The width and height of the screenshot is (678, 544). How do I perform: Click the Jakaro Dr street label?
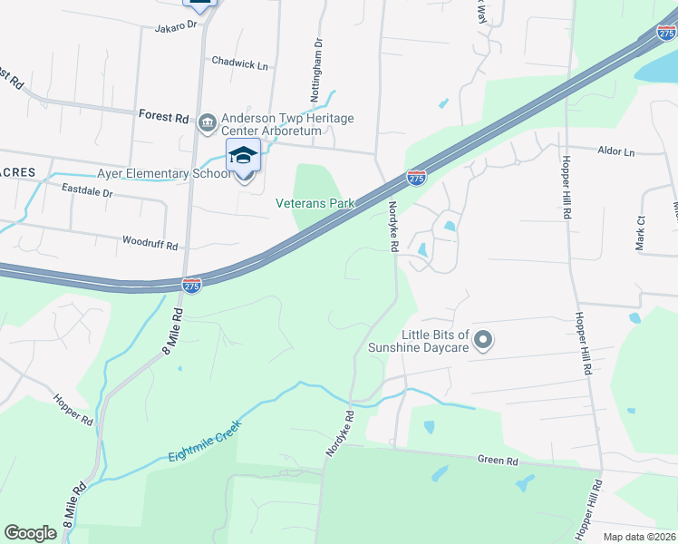177,25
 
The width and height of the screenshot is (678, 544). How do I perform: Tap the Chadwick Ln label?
240,63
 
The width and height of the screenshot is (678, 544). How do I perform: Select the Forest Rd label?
163,117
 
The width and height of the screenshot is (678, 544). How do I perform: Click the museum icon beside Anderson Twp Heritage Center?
207,121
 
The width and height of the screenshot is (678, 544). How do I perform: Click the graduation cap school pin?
243,155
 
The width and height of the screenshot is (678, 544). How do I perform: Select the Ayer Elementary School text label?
164,173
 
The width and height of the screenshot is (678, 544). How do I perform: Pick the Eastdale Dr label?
87,192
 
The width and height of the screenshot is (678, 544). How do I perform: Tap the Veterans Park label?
315,204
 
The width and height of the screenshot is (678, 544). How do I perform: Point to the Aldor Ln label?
616,151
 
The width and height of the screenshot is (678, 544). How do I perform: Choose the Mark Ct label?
641,233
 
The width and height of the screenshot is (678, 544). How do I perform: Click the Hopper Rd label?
73,410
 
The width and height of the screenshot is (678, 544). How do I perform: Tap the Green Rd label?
498,461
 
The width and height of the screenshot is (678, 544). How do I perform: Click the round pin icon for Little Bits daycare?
483,340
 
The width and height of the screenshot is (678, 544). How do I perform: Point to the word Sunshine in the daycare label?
407,346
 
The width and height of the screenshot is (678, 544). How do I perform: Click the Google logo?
31,533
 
